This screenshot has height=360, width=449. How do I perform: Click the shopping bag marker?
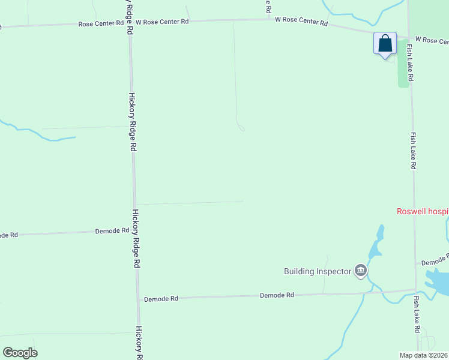point(385,44)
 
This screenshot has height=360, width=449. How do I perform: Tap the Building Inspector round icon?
point(360,271)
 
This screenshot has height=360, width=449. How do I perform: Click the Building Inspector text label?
point(317,271)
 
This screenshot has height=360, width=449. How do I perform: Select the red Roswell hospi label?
point(423,211)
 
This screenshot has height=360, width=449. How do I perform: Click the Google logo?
point(20,353)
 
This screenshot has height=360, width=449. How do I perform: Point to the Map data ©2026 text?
point(424,355)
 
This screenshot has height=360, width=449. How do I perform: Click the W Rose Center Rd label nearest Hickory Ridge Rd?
point(162,22)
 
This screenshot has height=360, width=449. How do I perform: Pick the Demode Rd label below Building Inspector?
point(277,295)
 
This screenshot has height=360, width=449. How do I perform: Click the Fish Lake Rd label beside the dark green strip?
point(410,62)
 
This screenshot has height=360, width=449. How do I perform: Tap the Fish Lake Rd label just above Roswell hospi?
point(414,151)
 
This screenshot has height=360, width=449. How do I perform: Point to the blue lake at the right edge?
point(438,281)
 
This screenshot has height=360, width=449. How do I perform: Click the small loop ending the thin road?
point(241,127)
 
